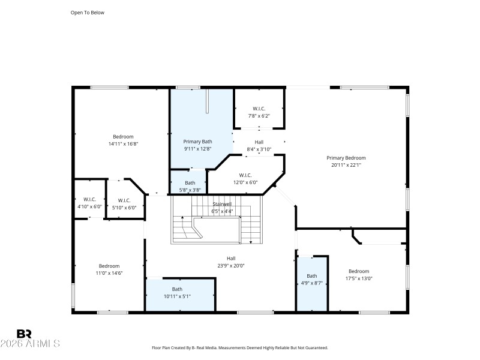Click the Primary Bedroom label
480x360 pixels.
coord(346,158)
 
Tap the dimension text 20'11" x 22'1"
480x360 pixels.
coord(346,165)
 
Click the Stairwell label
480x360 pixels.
coord(221,204)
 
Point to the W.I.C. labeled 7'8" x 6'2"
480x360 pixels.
coord(259,109)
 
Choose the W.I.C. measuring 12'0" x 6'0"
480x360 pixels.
coord(245,175)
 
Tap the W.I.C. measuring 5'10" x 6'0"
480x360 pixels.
coord(124,200)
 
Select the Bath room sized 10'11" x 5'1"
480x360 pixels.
coord(177,289)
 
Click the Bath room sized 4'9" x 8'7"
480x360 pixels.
coord(312,276)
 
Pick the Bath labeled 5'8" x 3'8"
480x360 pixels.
coord(190,183)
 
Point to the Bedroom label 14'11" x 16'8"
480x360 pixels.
coord(123,137)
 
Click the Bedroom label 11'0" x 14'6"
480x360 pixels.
coord(109,266)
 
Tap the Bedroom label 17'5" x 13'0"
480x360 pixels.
coord(359,271)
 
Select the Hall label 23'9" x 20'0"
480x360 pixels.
coord(231,259)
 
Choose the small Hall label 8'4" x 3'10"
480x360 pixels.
coord(259,142)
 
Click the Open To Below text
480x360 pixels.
coord(88,12)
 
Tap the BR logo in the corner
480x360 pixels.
coord(24,334)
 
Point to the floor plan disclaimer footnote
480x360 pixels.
coord(240,347)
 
